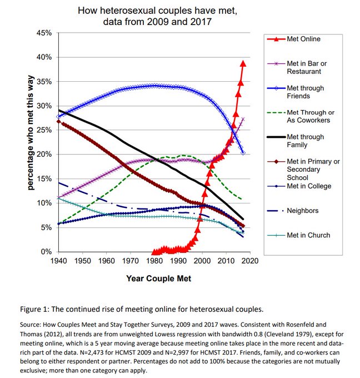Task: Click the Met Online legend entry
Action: click(303, 39)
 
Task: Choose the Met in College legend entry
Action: click(308, 186)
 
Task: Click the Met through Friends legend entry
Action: click(305, 92)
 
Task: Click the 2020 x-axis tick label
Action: click(250, 261)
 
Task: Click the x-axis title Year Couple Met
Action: click(158, 278)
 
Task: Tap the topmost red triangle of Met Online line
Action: click(243, 63)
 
